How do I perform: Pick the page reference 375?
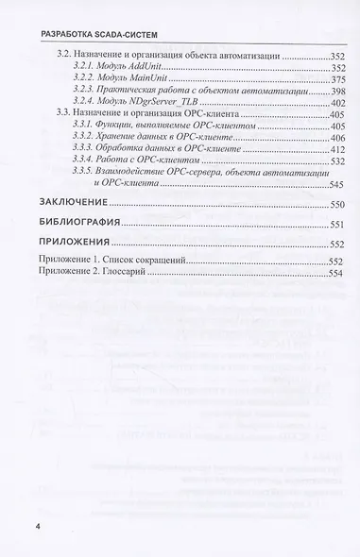coord(334,86)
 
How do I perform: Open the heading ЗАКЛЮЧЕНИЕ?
coord(71,230)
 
